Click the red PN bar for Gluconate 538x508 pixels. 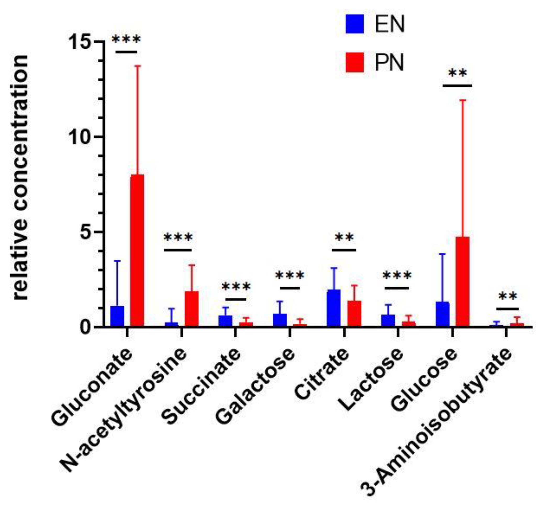tap(137, 250)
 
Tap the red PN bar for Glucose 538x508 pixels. tap(463, 282)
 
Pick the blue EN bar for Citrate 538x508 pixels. tap(334, 308)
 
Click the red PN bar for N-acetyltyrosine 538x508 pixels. tap(192, 309)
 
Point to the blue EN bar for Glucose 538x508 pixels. tap(442, 314)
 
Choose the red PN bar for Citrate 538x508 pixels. tap(354, 314)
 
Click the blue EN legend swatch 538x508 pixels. tap(354, 24)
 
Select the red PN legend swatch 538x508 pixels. tap(354, 63)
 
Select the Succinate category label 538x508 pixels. tap(203, 387)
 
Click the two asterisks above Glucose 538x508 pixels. tap(458, 73)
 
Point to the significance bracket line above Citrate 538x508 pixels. tap(344, 250)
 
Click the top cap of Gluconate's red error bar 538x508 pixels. tap(137, 66)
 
